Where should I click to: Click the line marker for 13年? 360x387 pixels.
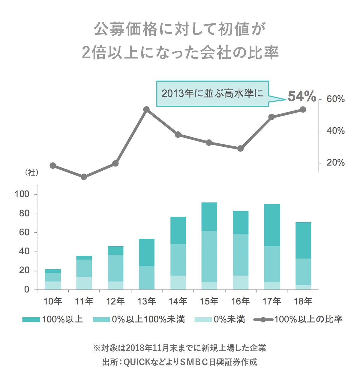pyautogui.click(x=146, y=109)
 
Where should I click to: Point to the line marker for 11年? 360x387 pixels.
pyautogui.click(x=84, y=177)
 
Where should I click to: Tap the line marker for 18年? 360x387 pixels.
pyautogui.click(x=303, y=109)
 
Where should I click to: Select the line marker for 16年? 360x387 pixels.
pyautogui.click(x=240, y=148)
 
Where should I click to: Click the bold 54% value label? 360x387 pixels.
pyautogui.click(x=302, y=97)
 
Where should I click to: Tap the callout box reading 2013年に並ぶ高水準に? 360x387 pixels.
pyautogui.click(x=212, y=93)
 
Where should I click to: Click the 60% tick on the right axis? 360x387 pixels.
pyautogui.click(x=335, y=99)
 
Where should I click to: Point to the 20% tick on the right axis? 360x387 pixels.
pyautogui.click(x=335, y=163)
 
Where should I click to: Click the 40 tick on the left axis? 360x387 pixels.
pyautogui.click(x=23, y=252)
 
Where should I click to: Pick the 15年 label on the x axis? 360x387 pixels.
pyautogui.click(x=209, y=301)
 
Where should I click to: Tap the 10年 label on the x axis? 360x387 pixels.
pyautogui.click(x=53, y=301)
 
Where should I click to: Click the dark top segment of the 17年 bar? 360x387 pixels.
pyautogui.click(x=272, y=225)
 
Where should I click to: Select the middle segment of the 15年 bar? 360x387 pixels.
pyautogui.click(x=209, y=256)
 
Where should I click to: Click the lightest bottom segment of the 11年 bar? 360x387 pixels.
pyautogui.click(x=84, y=283)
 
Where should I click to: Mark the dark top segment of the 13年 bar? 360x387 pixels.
pyautogui.click(x=146, y=252)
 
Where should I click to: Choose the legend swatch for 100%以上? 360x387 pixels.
pyautogui.click(x=31, y=320)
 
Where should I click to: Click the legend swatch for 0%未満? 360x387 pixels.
pyautogui.click(x=203, y=320)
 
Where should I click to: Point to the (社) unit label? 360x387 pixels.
pyautogui.click(x=31, y=172)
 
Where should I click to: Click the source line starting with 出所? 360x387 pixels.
pyautogui.click(x=180, y=362)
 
